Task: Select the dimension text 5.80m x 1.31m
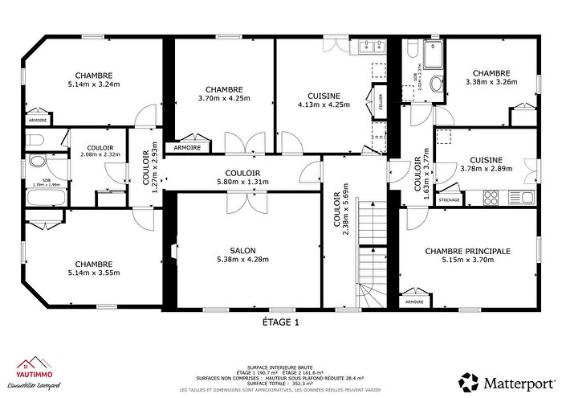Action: point(242,182)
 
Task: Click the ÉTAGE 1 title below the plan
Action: point(280,322)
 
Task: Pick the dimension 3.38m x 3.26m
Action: point(491,81)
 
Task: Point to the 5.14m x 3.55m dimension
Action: point(93,273)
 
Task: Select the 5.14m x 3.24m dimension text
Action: point(93,84)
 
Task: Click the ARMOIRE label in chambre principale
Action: point(414,302)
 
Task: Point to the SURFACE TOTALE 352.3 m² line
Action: point(280,384)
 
